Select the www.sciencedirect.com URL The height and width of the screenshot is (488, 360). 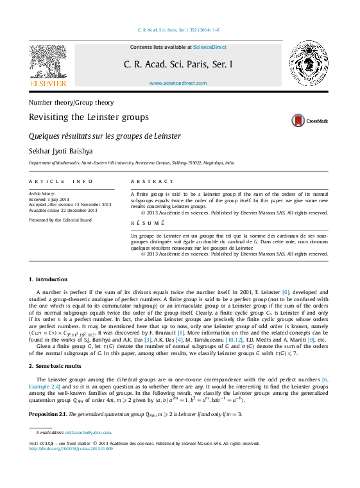[x=173, y=83]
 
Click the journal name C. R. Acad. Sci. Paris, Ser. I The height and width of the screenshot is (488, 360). [x=178, y=65]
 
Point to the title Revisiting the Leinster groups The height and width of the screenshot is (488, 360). [x=89, y=118]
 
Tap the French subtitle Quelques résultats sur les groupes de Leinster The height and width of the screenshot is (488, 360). [x=105, y=136]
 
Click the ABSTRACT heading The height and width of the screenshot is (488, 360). [x=152, y=182]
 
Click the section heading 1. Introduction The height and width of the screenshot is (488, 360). [x=48, y=279]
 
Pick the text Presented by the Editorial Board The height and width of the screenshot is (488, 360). [x=60, y=220]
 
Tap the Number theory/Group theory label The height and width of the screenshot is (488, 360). [x=71, y=102]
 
